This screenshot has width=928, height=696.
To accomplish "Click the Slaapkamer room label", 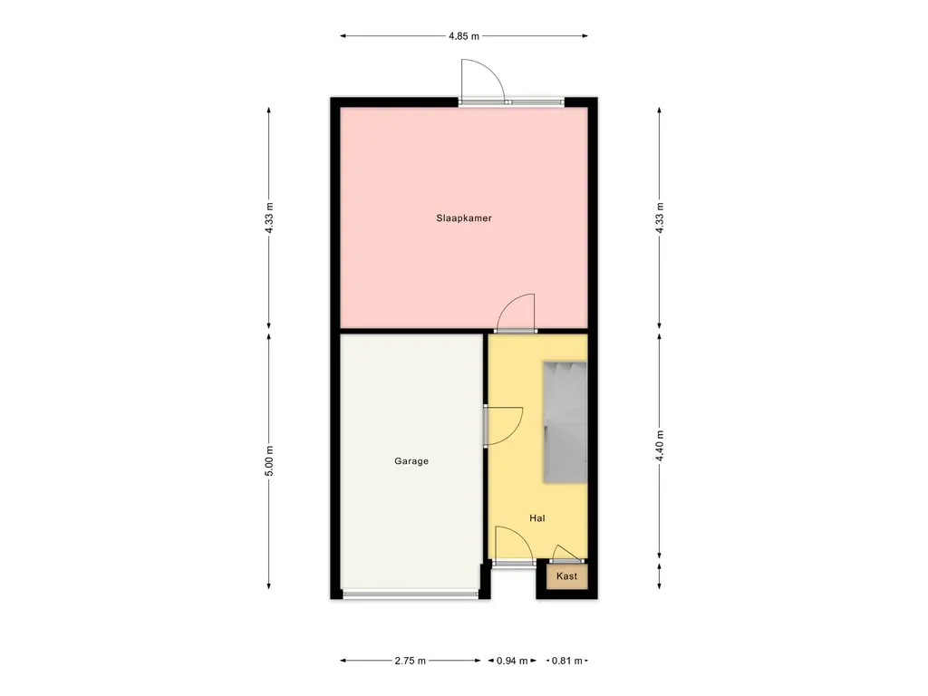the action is click(464, 217).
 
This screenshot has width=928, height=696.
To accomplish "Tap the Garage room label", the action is click(411, 461).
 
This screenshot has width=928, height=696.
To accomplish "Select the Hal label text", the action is click(537, 517).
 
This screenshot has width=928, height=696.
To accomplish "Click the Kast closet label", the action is click(567, 575).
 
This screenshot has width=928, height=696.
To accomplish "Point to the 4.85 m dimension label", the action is click(464, 35).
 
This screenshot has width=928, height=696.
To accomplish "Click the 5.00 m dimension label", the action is click(268, 460).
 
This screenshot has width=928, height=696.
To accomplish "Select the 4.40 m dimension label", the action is click(660, 446).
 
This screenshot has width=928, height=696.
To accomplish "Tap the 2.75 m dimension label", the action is click(411, 661).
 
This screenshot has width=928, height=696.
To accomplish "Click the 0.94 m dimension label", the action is click(512, 661).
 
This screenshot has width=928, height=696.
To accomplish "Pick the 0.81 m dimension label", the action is click(567, 661).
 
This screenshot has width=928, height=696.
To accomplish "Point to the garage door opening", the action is click(411, 594).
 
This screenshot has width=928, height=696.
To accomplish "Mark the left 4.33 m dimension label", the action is click(268, 217).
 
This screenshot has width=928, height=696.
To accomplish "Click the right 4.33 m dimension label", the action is click(660, 217).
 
